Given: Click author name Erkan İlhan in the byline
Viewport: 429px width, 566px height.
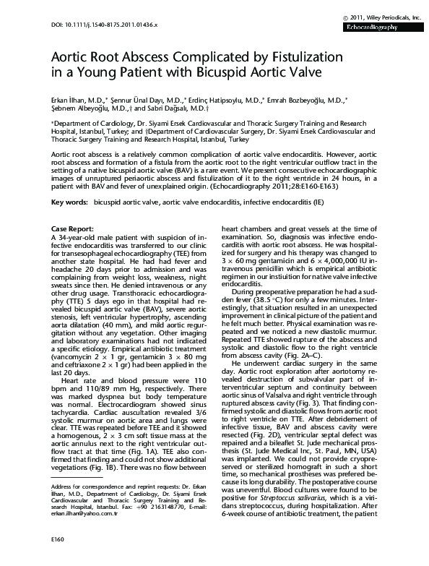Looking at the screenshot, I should pos(69,98).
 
